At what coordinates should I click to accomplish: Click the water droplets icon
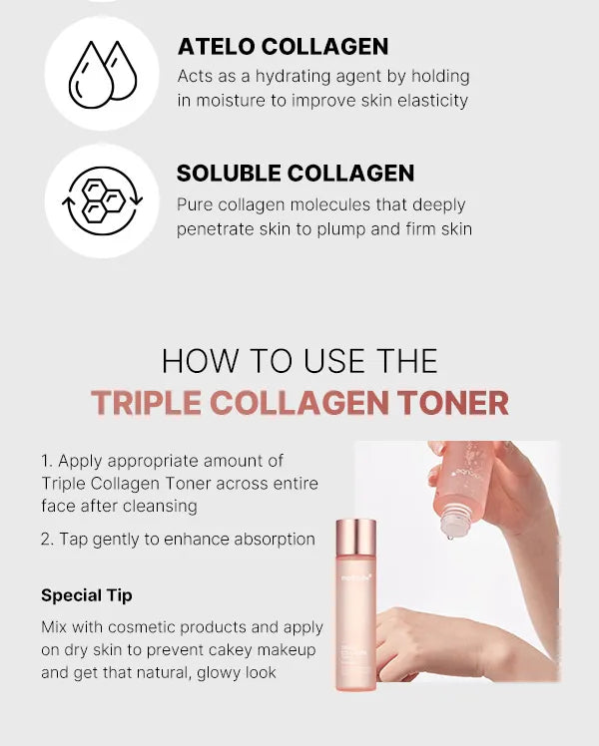click(x=102, y=73)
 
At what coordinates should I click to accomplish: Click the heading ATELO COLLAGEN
click(x=283, y=47)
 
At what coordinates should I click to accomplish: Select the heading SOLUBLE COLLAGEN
click(x=296, y=174)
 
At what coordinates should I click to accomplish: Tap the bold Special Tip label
click(x=87, y=595)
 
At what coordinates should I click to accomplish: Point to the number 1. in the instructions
click(x=47, y=461)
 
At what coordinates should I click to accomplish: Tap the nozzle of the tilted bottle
click(x=451, y=530)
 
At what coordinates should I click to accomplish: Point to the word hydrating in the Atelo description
click(x=265, y=77)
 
